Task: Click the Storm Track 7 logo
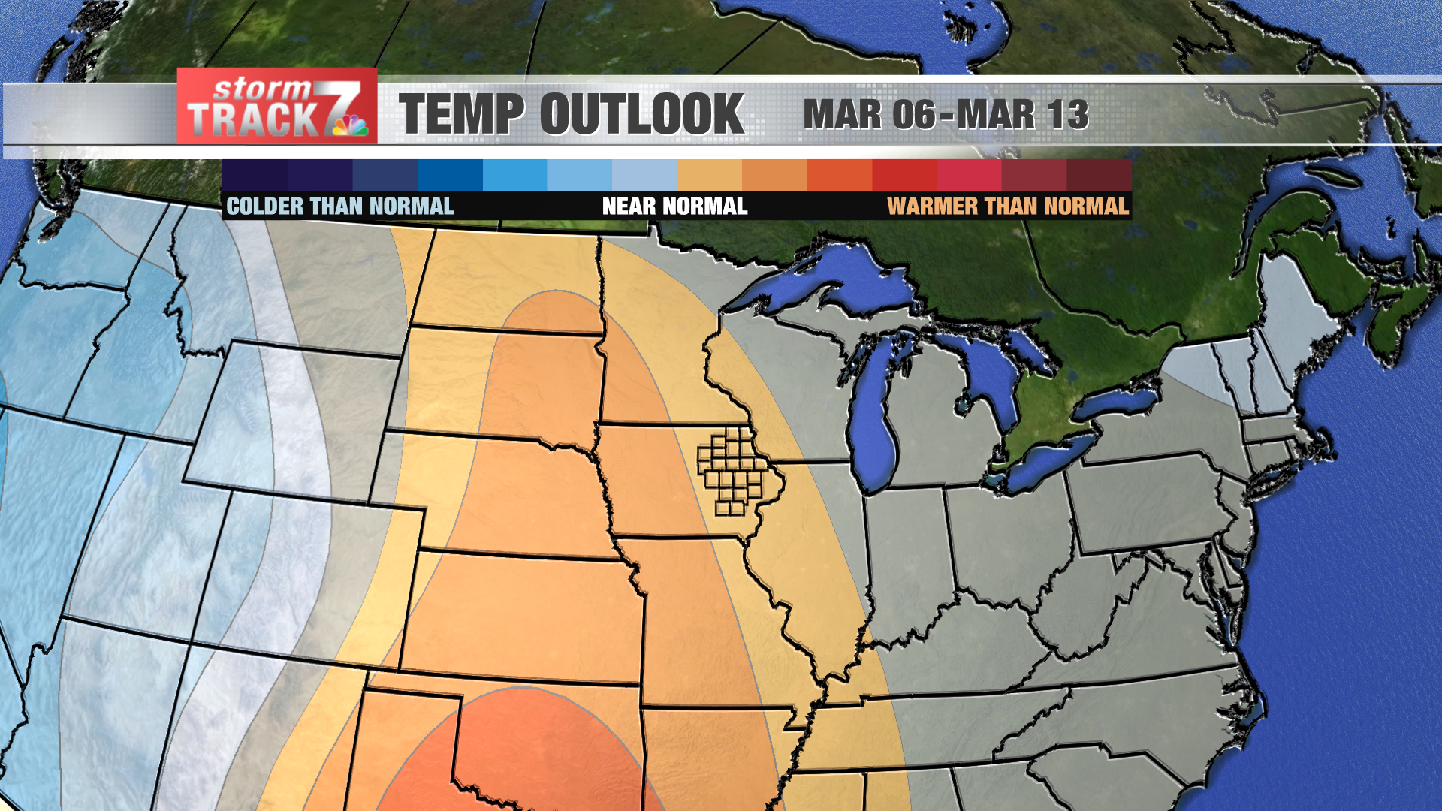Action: [276, 107]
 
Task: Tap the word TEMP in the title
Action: [460, 115]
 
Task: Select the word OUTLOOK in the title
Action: [641, 115]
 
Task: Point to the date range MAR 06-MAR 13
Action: [946, 115]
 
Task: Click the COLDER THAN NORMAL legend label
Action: [340, 207]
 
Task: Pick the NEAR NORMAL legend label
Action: [674, 207]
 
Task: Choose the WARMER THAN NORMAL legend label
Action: [1008, 207]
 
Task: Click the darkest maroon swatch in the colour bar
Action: [1099, 175]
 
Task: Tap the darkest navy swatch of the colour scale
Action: [255, 175]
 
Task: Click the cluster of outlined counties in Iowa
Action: [732, 469]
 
